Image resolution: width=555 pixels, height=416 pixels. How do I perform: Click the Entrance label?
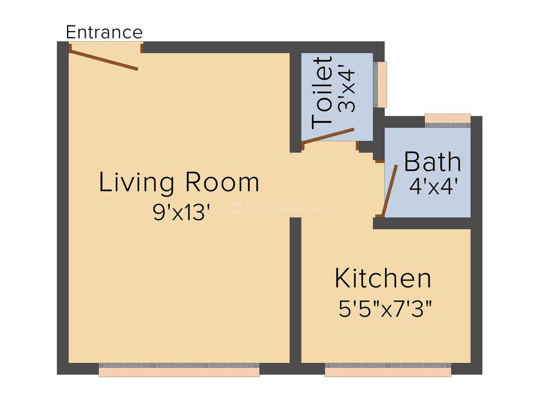[x=104, y=33]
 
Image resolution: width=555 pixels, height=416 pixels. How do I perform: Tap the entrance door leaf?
[x=104, y=59]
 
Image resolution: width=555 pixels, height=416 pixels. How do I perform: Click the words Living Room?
[x=179, y=183]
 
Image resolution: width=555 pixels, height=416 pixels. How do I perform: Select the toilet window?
[x=382, y=85]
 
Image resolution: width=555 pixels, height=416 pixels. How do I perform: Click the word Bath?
[x=432, y=163]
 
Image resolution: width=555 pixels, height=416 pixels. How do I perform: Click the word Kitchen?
[x=383, y=279]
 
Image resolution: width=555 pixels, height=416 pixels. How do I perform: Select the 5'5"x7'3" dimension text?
[x=386, y=310]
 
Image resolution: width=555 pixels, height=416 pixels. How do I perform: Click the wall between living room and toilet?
[x=296, y=100]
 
